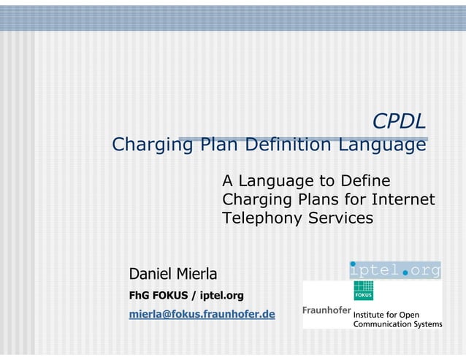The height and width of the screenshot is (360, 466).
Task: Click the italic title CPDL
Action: pyautogui.click(x=399, y=121)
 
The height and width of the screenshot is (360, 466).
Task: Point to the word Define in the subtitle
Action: pyautogui.click(x=363, y=180)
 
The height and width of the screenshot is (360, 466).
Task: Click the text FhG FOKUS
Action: pyautogui.click(x=156, y=296)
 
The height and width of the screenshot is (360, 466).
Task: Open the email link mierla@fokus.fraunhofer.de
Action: pyautogui.click(x=202, y=315)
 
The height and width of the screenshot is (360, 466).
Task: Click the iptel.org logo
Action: pyautogui.click(x=395, y=269)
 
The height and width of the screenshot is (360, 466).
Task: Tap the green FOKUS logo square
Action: pyautogui.click(x=363, y=291)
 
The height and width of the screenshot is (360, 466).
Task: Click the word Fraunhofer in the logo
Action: pyautogui.click(x=326, y=310)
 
